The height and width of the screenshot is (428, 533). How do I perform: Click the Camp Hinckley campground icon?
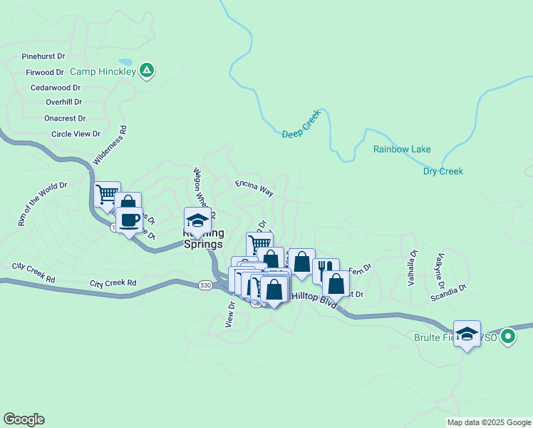tap(147, 70)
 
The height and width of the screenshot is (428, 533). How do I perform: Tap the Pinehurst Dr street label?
tap(43, 56)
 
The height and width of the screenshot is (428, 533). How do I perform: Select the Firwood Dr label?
tap(45, 72)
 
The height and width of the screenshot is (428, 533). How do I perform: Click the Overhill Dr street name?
tap(63, 102)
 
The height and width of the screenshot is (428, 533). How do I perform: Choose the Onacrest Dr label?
tap(65, 118)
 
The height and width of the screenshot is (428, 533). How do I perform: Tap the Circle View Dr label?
tap(76, 134)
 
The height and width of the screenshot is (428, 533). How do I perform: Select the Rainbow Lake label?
tap(402, 149)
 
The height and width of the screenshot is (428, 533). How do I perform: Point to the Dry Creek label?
tap(443, 171)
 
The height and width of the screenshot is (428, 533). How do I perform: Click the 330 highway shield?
tap(205, 285)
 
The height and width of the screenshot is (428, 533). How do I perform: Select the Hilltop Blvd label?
tap(315, 302)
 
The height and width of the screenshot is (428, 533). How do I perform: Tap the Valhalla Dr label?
tap(412, 268)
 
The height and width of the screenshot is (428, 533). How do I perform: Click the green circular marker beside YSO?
tap(507, 335)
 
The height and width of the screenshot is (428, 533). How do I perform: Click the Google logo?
tap(24, 419)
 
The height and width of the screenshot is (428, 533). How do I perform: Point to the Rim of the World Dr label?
tap(42, 204)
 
